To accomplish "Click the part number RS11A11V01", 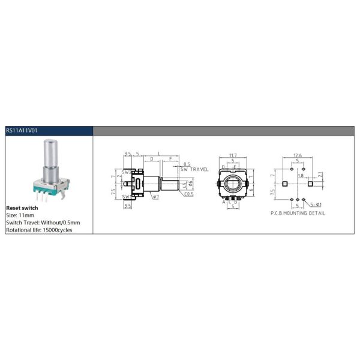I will (x=22, y=130).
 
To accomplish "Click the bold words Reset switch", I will (x=22, y=207).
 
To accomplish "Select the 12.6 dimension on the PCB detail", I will (x=298, y=155).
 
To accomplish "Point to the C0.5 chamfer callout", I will (x=189, y=194).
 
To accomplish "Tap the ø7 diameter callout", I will (x=155, y=197).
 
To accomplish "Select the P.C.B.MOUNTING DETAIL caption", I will (x=297, y=213).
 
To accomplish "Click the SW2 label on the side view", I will (x=127, y=172).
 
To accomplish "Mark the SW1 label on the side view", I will (x=127, y=196).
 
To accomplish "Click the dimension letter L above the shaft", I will (x=159, y=155).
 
